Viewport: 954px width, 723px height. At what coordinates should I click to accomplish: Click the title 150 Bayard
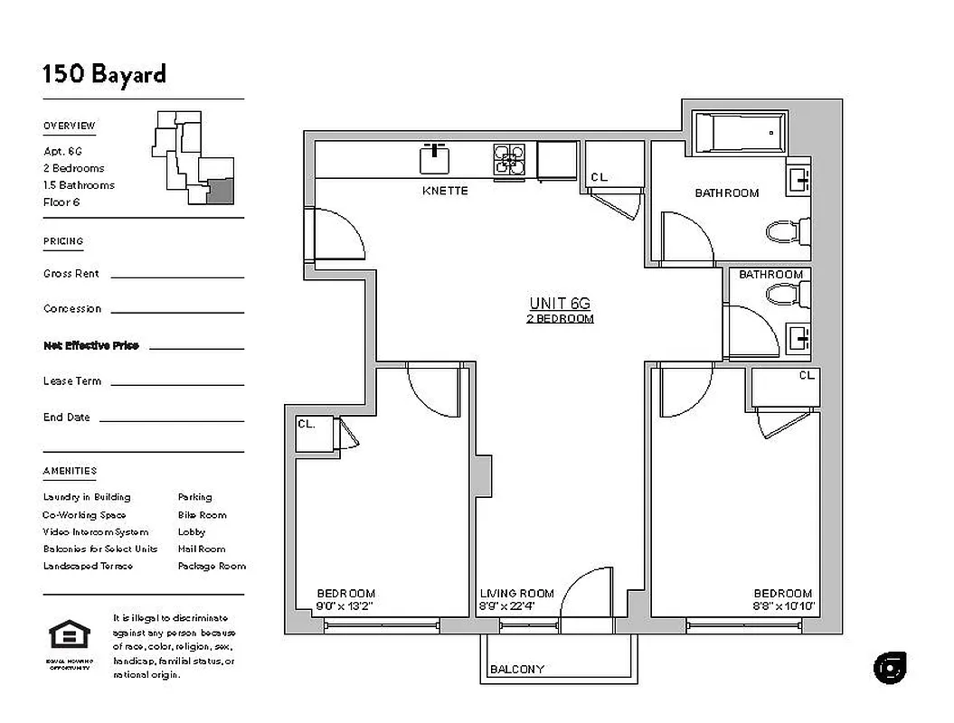click(104, 73)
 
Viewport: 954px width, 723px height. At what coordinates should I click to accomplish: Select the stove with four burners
click(508, 159)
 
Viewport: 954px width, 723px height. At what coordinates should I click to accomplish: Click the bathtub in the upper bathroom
click(739, 133)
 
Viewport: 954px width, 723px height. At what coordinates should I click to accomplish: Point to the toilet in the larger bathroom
click(784, 233)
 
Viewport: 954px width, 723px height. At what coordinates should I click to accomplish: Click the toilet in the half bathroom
click(784, 293)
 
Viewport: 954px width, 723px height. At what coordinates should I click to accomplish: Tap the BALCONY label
click(516, 670)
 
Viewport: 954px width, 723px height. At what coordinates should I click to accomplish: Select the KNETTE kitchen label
click(445, 192)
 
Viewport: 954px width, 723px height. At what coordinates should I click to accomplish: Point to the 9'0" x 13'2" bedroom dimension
click(345, 606)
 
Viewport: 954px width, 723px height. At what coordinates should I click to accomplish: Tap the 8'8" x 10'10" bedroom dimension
click(783, 606)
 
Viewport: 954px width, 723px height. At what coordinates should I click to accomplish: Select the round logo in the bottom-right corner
click(890, 668)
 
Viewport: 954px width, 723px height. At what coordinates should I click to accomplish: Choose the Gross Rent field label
click(71, 274)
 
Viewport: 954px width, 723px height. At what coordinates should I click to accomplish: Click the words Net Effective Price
click(91, 345)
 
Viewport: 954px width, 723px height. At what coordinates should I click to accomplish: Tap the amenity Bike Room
click(202, 514)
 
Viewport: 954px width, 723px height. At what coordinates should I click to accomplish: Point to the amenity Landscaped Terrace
click(88, 566)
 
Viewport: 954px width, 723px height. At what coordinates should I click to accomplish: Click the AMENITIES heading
click(70, 471)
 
